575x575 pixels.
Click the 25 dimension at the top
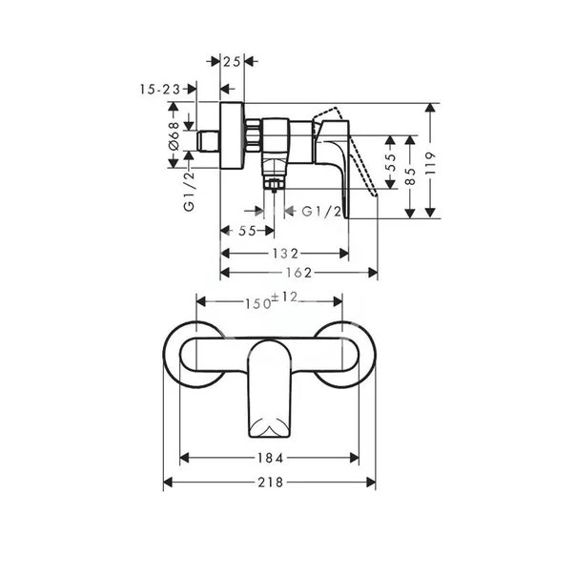tap(231, 61)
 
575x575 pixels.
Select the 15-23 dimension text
tap(157, 89)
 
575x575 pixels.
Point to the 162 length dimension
tap(299, 274)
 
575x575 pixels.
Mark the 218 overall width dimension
tap(271, 483)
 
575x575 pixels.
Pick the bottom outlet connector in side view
tap(273, 178)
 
